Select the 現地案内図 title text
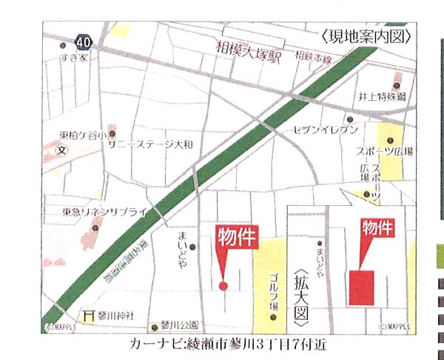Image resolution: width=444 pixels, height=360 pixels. [366, 36]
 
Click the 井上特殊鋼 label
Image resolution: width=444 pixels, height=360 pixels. [382, 97]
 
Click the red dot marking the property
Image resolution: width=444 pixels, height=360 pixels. [223, 285]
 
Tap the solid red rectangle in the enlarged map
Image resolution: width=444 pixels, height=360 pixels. [362, 287]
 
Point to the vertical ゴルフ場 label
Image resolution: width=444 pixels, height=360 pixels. [272, 293]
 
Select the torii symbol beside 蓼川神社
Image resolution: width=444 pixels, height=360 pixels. [90, 315]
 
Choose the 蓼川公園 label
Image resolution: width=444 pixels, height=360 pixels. [180, 324]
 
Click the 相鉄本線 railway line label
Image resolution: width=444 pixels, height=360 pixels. [312, 56]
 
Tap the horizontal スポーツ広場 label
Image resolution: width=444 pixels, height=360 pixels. [384, 151]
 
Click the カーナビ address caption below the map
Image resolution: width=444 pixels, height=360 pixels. [226, 344]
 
